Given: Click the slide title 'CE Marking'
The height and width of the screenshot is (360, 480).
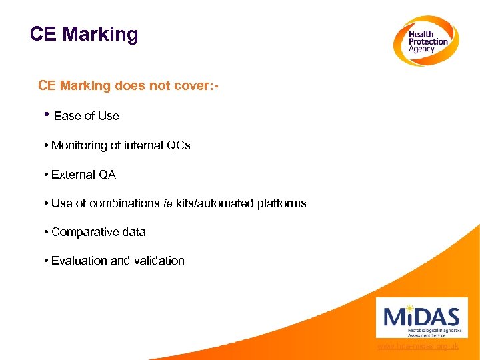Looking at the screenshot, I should point(84,34).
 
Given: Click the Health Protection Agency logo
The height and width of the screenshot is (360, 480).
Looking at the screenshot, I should point(425,41).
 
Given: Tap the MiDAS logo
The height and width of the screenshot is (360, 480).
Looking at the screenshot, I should point(421,317).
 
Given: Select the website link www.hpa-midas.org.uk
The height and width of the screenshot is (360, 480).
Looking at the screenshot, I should point(417,346).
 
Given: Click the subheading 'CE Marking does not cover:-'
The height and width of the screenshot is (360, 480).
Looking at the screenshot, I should point(129,85).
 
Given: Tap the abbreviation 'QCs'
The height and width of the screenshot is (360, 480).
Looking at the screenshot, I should point(178,145).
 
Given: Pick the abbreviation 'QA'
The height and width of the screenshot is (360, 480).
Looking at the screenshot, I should point(107,175).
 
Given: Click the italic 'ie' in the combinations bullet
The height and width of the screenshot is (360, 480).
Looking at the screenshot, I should point(167,203).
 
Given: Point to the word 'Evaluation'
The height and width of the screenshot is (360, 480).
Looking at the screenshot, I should point(79,261).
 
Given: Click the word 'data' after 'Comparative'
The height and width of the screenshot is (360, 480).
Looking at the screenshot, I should point(133,232).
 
